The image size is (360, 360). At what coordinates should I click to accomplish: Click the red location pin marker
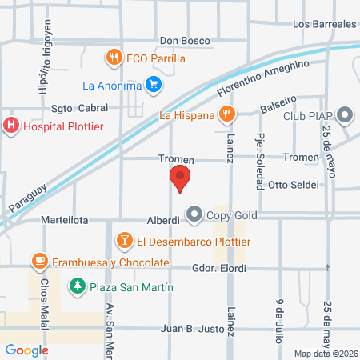coord(180,179)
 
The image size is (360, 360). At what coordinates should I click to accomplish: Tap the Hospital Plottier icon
coord(12,125)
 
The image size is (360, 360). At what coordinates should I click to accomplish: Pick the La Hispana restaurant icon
coord(227,115)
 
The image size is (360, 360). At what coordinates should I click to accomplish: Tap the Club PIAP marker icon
coord(346,115)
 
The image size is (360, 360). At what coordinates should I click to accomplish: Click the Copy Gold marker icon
coord(194,214)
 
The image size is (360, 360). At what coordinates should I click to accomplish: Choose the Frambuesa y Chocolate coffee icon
coord(39,262)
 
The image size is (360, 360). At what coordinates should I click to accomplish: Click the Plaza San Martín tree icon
coord(77,286)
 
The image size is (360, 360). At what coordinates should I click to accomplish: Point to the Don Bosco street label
coord(185,40)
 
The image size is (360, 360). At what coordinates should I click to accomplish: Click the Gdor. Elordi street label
coord(219,268)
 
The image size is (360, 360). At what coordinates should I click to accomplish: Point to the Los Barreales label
coord(324,25)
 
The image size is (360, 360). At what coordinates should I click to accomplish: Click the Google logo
coord(26,350)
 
